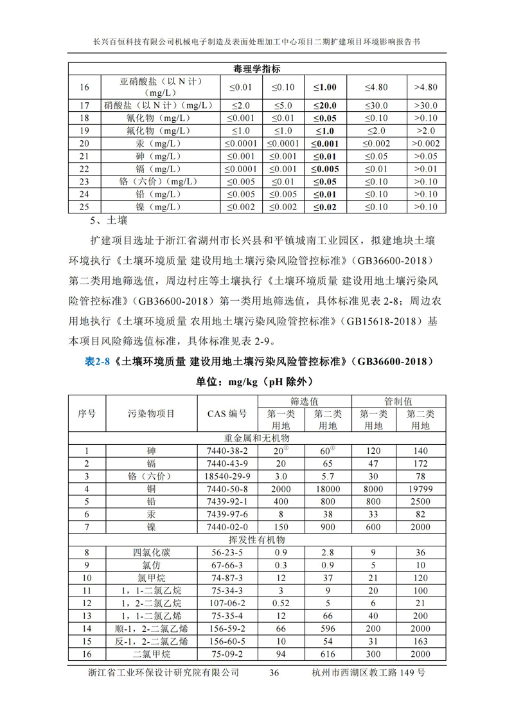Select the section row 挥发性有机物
click(256, 539)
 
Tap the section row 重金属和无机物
click(256, 438)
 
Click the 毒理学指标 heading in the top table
click(256, 69)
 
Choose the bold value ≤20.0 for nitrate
click(324, 105)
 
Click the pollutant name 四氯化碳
click(152, 552)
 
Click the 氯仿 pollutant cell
click(152, 565)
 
